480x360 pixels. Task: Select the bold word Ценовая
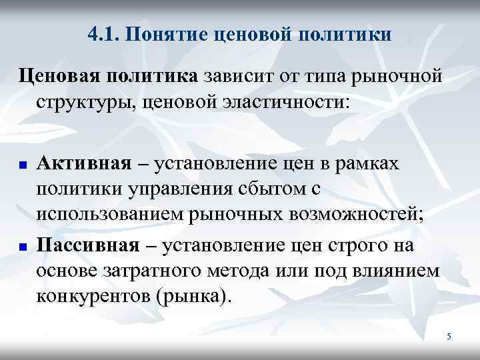[56, 78]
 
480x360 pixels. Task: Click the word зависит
[241, 77]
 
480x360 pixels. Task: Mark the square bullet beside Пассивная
[21, 247]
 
